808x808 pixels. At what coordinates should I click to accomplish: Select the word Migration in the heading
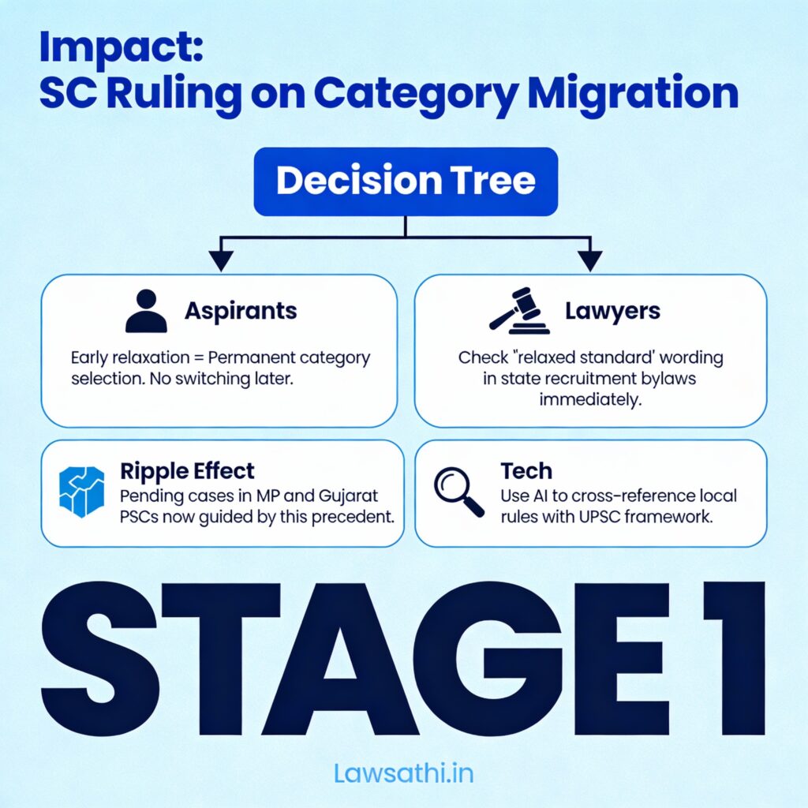[634, 93]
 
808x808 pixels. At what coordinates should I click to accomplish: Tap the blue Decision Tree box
[406, 181]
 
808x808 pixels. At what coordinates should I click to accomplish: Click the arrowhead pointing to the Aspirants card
[221, 260]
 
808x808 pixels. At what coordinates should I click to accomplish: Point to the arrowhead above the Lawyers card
[590, 260]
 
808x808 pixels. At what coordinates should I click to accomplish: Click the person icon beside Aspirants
[146, 311]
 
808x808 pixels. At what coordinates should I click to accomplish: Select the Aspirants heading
[241, 311]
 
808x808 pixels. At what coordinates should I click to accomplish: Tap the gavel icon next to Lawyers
[519, 311]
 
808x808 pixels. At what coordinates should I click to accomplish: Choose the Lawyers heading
[612, 311]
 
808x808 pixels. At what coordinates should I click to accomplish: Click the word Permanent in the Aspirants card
[251, 357]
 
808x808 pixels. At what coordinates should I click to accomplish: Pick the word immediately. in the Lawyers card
[590, 399]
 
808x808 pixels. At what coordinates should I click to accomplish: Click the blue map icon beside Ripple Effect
[81, 492]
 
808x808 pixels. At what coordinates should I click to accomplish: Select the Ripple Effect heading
[187, 470]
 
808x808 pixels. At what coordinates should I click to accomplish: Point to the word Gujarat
[348, 496]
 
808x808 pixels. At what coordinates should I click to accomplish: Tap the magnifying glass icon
[459, 492]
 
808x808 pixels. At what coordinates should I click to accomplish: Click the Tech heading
[526, 470]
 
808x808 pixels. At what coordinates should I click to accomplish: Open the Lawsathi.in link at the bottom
[403, 773]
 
